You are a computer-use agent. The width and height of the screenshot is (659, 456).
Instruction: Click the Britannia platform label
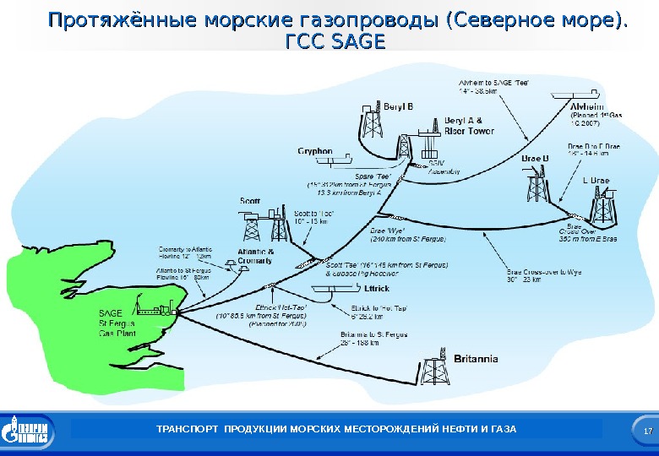[476, 359]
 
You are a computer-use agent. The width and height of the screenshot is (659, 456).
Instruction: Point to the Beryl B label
[399, 107]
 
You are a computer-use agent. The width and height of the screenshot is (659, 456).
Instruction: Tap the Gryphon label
[314, 151]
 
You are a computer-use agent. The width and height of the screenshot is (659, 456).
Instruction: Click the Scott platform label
[250, 201]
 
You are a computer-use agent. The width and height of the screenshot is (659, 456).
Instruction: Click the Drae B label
[535, 158]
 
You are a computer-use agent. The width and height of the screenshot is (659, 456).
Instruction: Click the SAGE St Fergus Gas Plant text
[117, 322]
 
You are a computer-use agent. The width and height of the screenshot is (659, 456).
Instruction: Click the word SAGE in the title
[357, 41]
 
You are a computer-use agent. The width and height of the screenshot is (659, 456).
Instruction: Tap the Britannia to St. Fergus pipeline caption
[374, 339]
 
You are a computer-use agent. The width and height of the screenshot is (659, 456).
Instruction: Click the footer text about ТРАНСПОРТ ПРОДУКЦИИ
[335, 431]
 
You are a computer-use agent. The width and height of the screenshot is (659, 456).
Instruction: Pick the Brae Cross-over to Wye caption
[544, 276]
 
